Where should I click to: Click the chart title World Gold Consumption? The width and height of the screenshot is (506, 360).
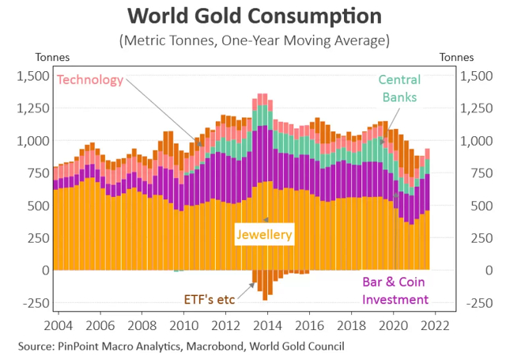[253, 16]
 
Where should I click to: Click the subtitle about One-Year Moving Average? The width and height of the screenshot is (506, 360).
[253, 40]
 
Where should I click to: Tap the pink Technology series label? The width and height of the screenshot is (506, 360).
[91, 80]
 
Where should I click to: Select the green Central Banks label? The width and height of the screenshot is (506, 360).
[399, 89]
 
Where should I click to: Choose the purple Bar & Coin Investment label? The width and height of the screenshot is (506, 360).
[395, 290]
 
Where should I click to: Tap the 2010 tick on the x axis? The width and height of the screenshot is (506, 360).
[184, 325]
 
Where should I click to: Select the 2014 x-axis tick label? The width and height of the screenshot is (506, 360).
[267, 325]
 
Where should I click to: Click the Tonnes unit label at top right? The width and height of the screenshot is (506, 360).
[457, 57]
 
